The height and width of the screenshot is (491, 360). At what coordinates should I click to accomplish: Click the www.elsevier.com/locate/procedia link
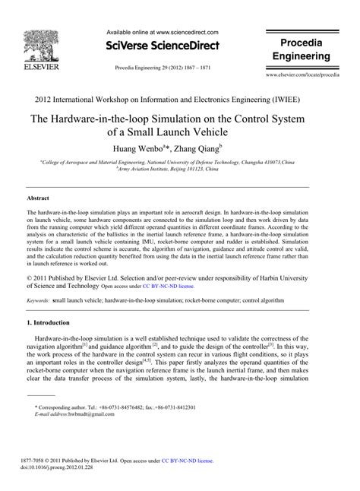302,77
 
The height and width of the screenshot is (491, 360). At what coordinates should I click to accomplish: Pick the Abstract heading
39,196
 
